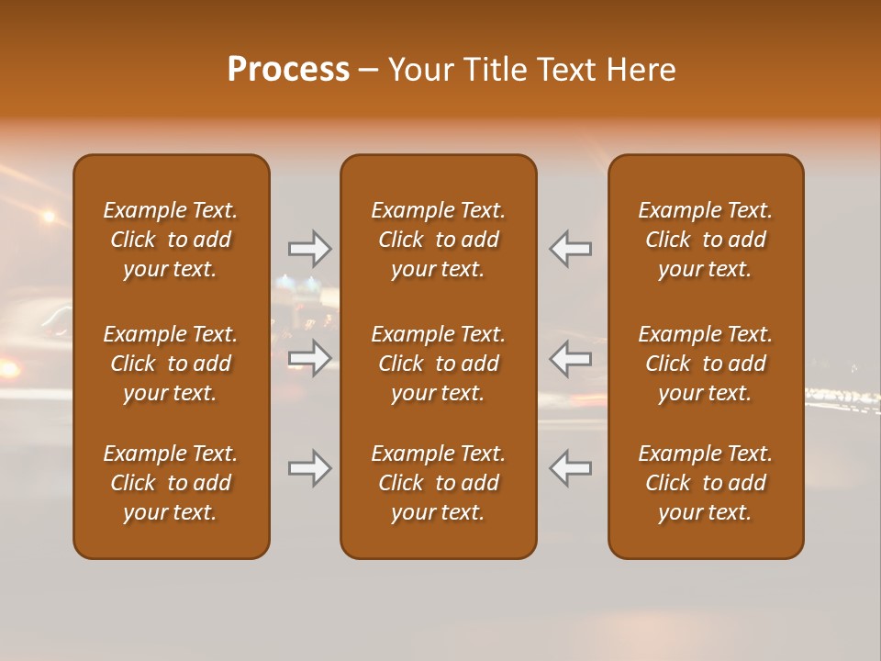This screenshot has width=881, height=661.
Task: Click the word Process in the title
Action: pos(288,70)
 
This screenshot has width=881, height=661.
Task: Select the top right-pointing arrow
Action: pos(310,248)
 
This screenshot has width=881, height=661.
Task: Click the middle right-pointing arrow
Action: pos(310,357)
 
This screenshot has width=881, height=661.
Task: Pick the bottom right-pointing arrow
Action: pos(310,468)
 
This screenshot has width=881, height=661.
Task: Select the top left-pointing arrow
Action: pos(571,248)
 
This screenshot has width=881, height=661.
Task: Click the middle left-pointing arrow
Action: pos(571,357)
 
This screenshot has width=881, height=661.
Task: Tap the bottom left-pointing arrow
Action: pos(571,468)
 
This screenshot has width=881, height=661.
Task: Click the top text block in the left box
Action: pos(171,240)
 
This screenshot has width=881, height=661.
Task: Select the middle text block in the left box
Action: pos(171,364)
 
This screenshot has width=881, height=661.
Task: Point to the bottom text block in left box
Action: pos(171,483)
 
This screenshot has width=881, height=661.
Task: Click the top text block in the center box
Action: pos(439,240)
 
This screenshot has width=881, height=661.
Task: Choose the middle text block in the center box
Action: pos(439,364)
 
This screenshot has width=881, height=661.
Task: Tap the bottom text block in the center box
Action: pos(439,483)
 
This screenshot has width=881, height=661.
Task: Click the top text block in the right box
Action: pos(706,240)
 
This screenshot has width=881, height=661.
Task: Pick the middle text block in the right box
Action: pos(706,364)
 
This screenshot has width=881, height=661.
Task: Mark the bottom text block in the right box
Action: pos(706,483)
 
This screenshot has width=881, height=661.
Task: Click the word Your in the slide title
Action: pos(422,70)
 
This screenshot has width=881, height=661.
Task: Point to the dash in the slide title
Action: pos(369,71)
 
